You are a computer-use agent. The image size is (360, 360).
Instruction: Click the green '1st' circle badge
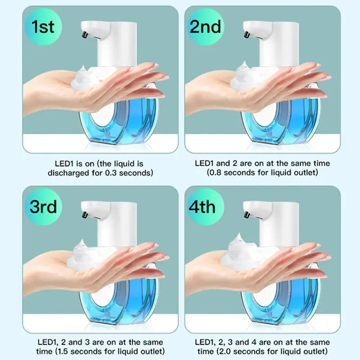click(x=43, y=27)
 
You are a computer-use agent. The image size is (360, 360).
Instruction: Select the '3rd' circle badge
click(x=43, y=207)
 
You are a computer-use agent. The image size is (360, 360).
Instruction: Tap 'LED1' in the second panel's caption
click(x=203, y=163)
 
